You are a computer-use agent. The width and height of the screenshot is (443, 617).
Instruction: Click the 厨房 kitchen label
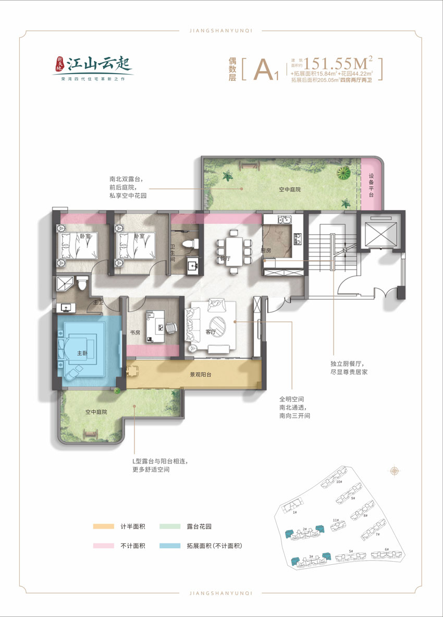(x=266, y=250)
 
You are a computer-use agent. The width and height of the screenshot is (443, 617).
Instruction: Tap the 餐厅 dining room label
(x=225, y=258)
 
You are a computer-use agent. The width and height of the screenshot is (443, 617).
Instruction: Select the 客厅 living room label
(x=211, y=332)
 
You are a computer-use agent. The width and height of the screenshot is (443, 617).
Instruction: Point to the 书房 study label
(x=135, y=332)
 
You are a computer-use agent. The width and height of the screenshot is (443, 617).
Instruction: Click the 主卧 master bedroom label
(x=82, y=353)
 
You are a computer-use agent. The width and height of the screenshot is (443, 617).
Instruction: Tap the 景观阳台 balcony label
(x=200, y=374)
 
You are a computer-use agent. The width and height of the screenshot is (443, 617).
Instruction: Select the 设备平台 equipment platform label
(x=371, y=186)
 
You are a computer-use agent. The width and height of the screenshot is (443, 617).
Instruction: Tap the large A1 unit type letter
(x=266, y=70)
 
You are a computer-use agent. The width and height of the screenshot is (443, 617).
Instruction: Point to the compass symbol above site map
(x=395, y=471)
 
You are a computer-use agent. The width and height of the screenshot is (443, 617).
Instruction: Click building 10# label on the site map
(x=339, y=482)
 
